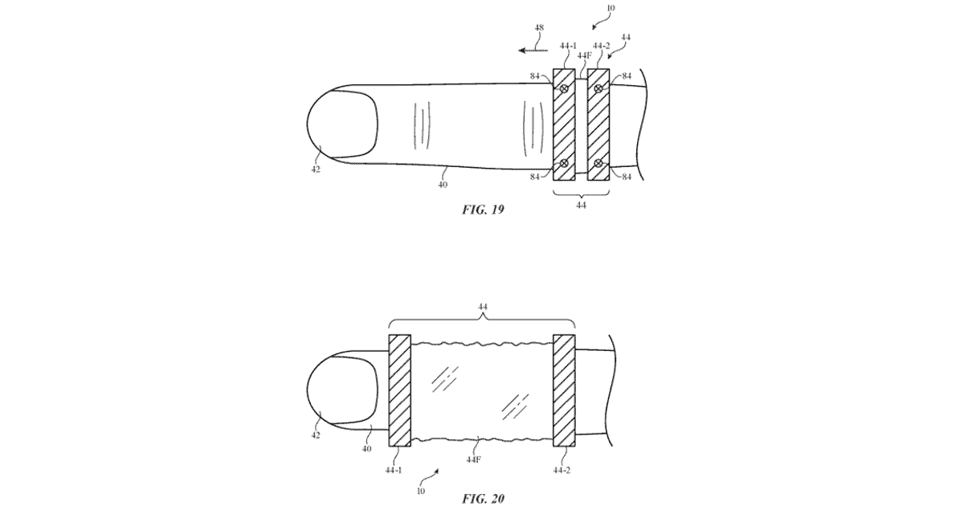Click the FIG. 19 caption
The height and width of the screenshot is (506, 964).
tap(483, 210)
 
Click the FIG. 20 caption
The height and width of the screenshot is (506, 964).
tap(483, 499)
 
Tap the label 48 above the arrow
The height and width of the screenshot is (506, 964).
tap(539, 27)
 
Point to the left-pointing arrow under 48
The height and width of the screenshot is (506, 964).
tap(533, 51)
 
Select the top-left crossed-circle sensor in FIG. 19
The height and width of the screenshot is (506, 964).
tap(564, 88)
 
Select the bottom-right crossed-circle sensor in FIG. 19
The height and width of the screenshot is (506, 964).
tap(598, 164)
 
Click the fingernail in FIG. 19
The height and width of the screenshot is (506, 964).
tap(342, 124)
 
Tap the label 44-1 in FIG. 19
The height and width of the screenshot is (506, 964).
tap(568, 46)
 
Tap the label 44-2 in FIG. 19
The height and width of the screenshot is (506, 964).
tap(601, 46)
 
